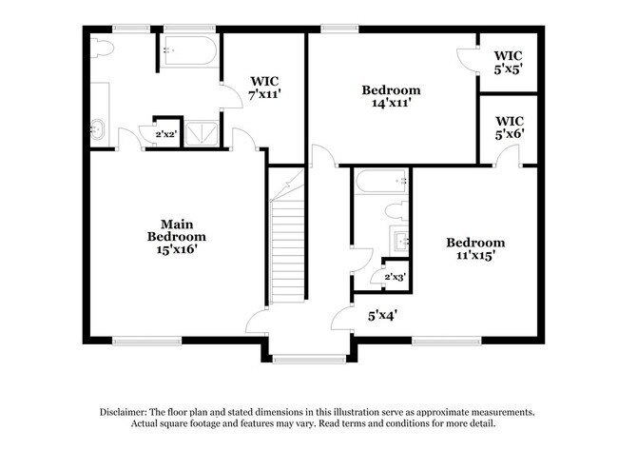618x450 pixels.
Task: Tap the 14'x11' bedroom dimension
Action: tap(390, 104)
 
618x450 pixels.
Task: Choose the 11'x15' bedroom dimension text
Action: tap(474, 255)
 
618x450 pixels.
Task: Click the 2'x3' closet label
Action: tap(395, 277)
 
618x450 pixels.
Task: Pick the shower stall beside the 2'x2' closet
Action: tap(201, 133)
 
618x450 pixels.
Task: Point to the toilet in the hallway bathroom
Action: tap(396, 211)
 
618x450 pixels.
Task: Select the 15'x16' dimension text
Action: tap(177, 249)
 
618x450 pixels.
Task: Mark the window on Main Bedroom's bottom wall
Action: tap(146, 341)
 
